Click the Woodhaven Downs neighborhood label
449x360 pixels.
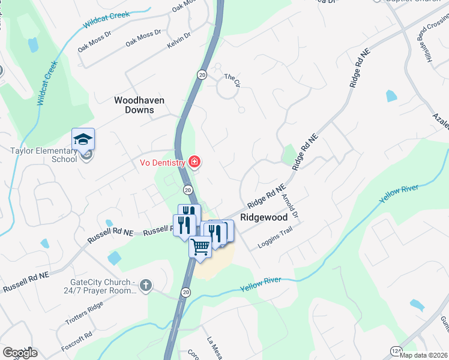point(139,105)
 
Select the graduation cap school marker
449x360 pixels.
point(83,140)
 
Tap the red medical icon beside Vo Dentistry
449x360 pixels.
point(194,161)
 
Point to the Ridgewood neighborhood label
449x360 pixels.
point(265,218)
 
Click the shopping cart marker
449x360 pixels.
point(200,245)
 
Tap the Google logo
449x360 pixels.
point(20,353)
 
